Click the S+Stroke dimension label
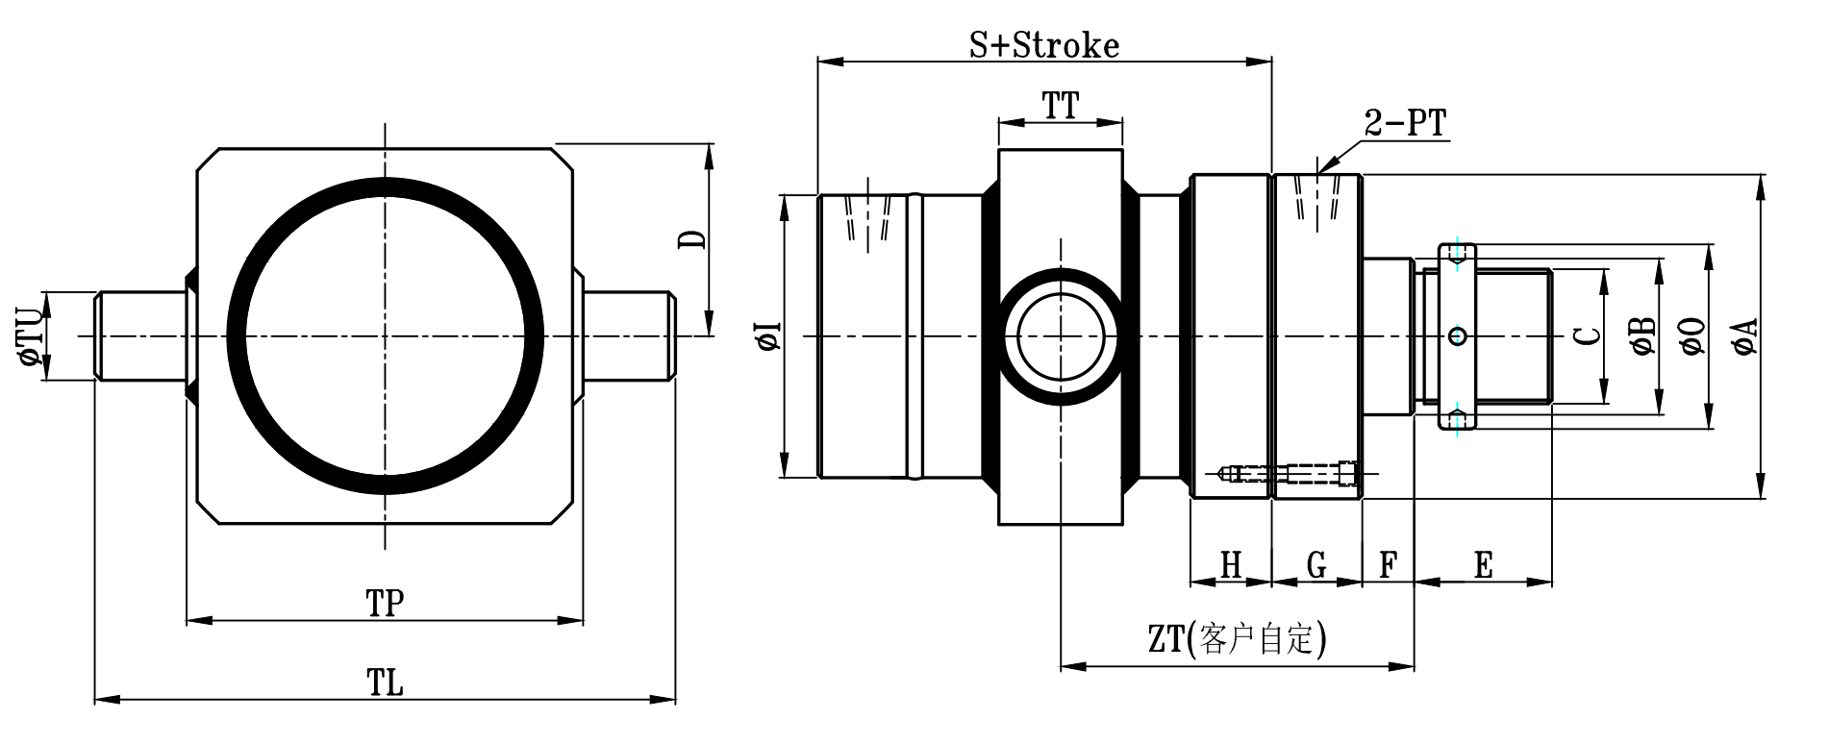coord(1043,44)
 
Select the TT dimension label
coord(1061,106)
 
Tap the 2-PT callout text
coord(1404,123)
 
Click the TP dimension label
coord(385,604)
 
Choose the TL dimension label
coord(385,682)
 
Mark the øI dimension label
coord(769,336)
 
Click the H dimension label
coord(1231,565)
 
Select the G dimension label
coord(1316,565)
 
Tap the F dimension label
coord(1388,565)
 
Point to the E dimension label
coord(1483,565)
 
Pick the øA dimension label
coord(1746,336)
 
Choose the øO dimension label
coord(1694,336)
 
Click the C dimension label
coord(1591,335)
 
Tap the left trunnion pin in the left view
coord(140,336)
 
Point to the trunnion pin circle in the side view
coord(1061,336)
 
